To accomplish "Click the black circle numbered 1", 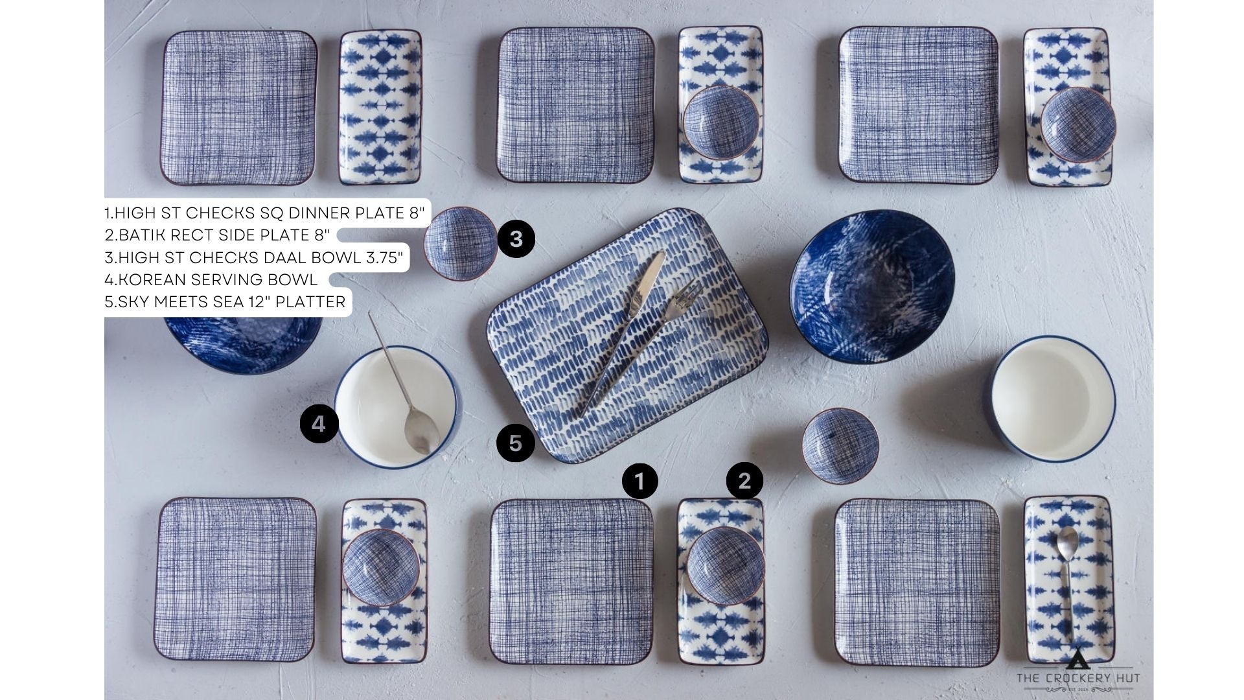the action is pyautogui.click(x=639, y=481).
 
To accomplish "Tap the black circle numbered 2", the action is pyautogui.click(x=744, y=480).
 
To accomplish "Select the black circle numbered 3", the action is pyautogui.click(x=516, y=239).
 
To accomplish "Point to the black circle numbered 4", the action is pyautogui.click(x=319, y=424).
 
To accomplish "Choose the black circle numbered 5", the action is pyautogui.click(x=515, y=443).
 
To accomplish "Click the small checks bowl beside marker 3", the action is pyautogui.click(x=461, y=244).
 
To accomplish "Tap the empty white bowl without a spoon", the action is pyautogui.click(x=1052, y=403).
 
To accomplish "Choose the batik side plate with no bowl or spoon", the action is pyautogui.click(x=380, y=108).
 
